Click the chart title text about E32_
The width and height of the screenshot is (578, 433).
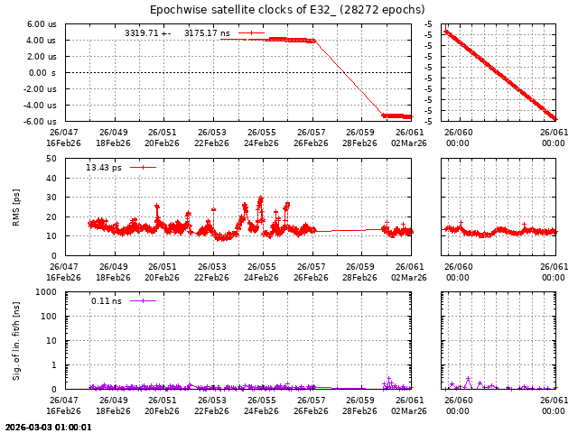287,10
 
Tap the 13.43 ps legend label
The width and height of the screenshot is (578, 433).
104,168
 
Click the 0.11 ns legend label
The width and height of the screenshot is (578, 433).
106,301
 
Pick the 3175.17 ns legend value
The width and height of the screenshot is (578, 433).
207,33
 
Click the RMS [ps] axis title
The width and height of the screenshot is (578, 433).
17,207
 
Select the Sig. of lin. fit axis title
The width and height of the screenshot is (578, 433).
17,341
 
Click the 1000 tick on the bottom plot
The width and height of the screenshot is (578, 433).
48,292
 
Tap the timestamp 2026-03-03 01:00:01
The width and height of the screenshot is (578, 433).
48,428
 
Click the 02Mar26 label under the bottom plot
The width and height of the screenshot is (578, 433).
409,410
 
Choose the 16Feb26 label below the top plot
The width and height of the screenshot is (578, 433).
63,143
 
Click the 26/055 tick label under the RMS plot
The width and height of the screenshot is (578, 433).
262,266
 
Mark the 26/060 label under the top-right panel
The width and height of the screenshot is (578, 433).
458,133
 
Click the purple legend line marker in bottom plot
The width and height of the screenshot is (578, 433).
143,300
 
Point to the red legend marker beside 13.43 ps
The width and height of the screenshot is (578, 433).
143,167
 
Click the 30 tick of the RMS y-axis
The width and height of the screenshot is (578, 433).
52,198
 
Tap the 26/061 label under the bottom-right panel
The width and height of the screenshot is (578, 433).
554,400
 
